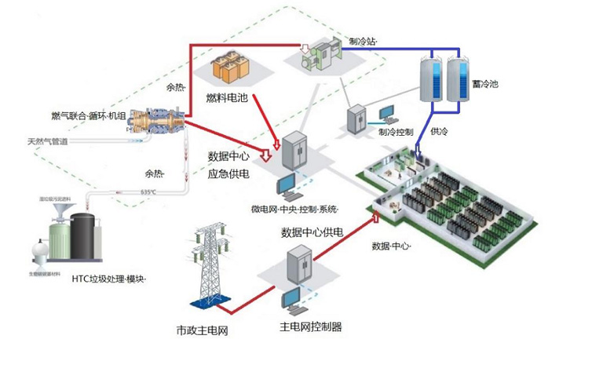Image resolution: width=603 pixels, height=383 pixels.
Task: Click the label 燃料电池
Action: [227, 98]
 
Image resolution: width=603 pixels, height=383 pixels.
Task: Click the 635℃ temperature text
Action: [148, 191]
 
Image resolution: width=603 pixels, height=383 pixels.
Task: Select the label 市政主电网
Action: [202, 330]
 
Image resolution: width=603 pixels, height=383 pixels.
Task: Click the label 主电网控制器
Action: [310, 326]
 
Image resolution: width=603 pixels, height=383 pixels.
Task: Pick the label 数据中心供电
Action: [312, 232]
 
